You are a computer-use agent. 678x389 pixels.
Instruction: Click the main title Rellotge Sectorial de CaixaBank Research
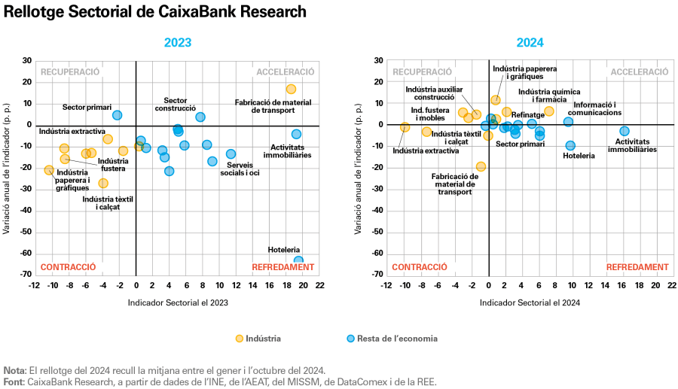[x=154, y=12]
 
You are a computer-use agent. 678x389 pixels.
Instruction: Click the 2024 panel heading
[x=530, y=43]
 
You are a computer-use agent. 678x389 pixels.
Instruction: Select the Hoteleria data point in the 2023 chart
[x=298, y=261]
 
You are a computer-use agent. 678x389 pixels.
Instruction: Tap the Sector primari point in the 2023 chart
[x=117, y=115]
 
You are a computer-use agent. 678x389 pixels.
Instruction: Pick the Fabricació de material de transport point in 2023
[x=291, y=89]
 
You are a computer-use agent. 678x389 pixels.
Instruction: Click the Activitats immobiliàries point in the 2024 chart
[x=624, y=131]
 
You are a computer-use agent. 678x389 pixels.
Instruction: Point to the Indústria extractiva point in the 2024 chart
[x=405, y=127]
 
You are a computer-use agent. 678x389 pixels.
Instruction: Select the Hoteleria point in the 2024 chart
[x=570, y=145]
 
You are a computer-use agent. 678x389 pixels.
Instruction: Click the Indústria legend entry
[x=260, y=339]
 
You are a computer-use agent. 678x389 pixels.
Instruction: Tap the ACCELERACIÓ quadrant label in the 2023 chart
[x=285, y=72]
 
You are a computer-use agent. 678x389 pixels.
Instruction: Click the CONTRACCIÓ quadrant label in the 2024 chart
[x=420, y=267]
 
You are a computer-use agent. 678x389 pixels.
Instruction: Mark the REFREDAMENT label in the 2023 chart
[x=283, y=267]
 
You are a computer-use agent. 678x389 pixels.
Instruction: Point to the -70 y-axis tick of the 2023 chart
[x=26, y=275]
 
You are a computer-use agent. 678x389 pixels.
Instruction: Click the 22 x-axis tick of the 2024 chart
[x=672, y=286]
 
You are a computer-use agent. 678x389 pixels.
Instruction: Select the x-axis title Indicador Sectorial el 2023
[x=178, y=302]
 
